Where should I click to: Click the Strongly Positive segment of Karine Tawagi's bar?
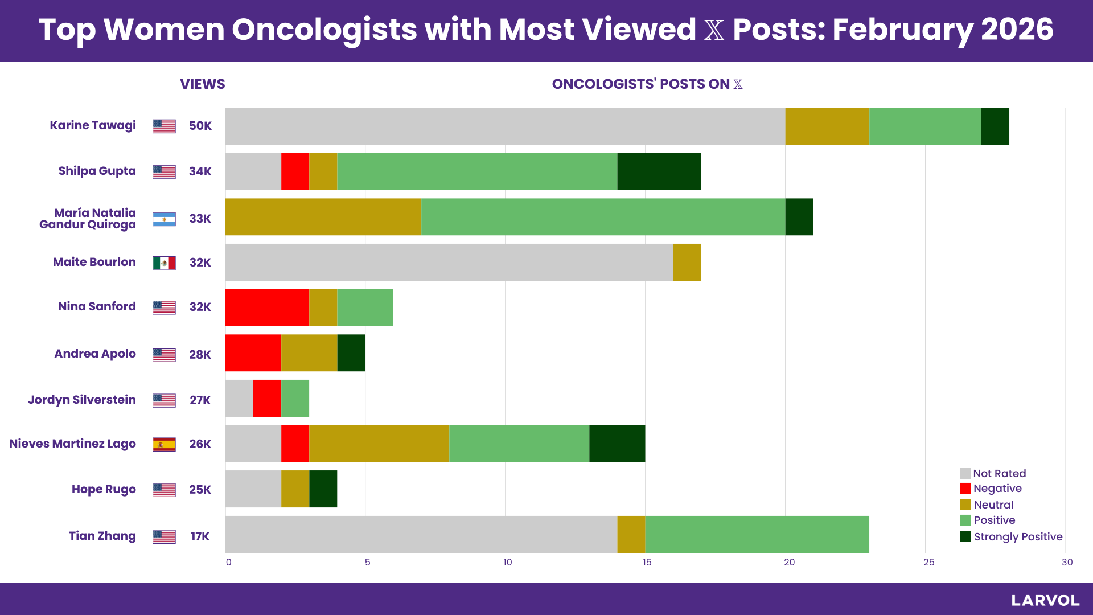click(995, 126)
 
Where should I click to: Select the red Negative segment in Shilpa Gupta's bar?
click(295, 171)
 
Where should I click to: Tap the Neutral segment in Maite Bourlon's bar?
click(687, 262)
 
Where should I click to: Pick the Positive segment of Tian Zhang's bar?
click(757, 534)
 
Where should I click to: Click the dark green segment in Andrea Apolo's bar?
click(351, 353)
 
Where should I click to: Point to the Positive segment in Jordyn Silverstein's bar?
click(295, 398)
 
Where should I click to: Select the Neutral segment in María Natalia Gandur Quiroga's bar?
click(323, 217)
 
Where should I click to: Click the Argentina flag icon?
click(164, 219)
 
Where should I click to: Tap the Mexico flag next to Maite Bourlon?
click(164, 263)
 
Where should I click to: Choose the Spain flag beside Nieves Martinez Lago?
click(164, 445)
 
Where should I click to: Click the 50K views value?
click(200, 126)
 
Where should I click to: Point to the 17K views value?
click(200, 536)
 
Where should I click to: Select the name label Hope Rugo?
click(104, 489)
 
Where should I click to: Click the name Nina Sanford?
click(97, 306)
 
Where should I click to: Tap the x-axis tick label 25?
click(928, 563)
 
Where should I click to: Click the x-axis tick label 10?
click(507, 563)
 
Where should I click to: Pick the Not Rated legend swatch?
click(965, 473)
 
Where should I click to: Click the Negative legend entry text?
click(997, 489)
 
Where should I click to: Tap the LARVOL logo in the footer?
click(1045, 600)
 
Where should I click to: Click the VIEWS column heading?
click(203, 84)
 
